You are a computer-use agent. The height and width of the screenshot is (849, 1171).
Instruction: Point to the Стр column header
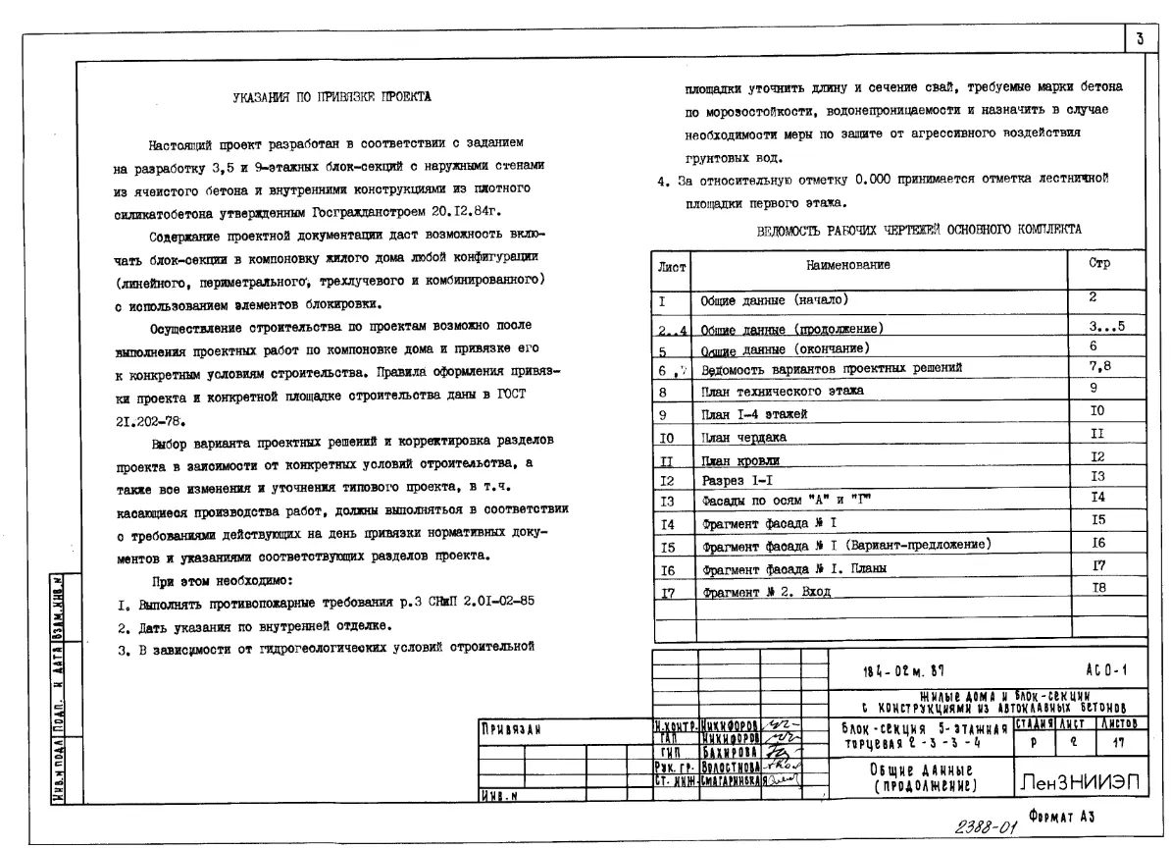pos(1098,265)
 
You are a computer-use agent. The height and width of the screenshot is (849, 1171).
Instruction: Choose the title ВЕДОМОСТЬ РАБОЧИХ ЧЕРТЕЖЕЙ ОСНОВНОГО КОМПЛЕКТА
pos(920,230)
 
